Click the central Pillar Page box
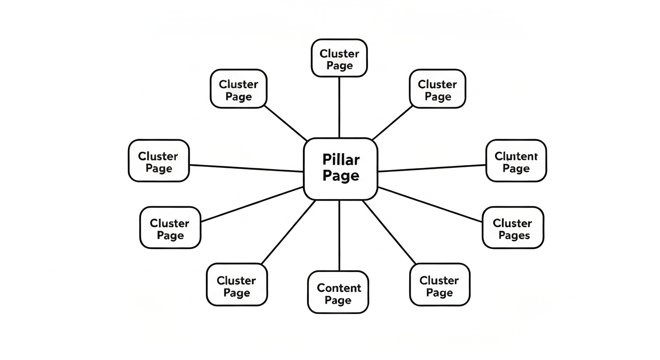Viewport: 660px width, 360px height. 340,169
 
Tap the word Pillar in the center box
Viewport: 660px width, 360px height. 341,160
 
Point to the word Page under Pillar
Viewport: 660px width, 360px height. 341,176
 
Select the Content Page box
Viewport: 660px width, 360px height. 338,292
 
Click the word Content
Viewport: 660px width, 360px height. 339,288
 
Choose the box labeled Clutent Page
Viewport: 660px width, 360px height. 516,160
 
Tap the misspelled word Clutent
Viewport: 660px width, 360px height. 516,156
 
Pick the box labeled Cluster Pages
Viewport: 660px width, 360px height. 513,227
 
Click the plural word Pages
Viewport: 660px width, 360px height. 514,235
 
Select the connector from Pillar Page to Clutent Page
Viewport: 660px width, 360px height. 431,168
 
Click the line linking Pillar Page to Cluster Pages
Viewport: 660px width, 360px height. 430,204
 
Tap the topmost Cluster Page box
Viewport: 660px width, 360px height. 339,58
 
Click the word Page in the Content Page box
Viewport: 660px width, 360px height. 338,300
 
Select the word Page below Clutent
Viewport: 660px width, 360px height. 516,169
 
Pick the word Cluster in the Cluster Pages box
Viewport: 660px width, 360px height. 512,223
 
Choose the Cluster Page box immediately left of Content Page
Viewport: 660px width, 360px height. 237,285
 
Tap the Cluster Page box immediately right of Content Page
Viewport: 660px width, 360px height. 439,285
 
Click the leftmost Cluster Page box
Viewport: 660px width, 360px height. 158,160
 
